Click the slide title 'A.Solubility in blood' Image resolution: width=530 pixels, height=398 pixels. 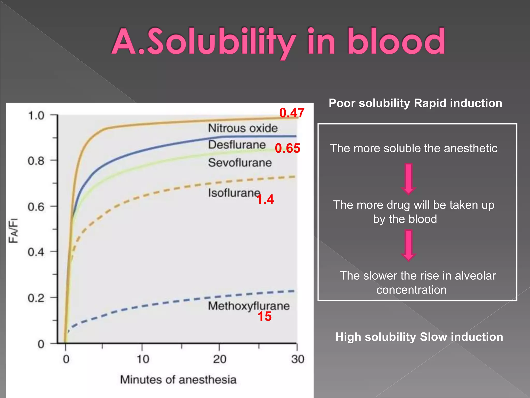point(278,42)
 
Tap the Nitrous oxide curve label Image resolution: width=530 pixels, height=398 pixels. point(243,128)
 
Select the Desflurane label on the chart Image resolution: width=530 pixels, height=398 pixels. point(237,145)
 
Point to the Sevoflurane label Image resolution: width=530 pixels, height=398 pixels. point(240,163)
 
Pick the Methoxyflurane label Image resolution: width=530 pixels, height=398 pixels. point(249,306)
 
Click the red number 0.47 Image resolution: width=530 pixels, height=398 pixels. point(292,113)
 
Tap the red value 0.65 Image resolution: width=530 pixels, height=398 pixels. point(288,148)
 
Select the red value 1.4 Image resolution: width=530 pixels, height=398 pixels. point(265,200)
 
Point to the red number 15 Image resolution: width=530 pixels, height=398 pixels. point(264,317)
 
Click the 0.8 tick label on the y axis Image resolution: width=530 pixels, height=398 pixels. point(36,161)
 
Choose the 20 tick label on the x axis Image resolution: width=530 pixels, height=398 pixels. point(219,359)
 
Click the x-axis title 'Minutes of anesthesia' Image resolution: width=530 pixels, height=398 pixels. point(178,380)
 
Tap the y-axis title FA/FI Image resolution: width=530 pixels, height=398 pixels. point(13,231)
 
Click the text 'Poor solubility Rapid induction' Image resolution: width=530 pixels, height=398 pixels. point(415,103)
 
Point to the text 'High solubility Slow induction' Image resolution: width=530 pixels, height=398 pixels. point(419,337)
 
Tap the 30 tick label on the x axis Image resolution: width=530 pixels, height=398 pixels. point(298,359)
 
